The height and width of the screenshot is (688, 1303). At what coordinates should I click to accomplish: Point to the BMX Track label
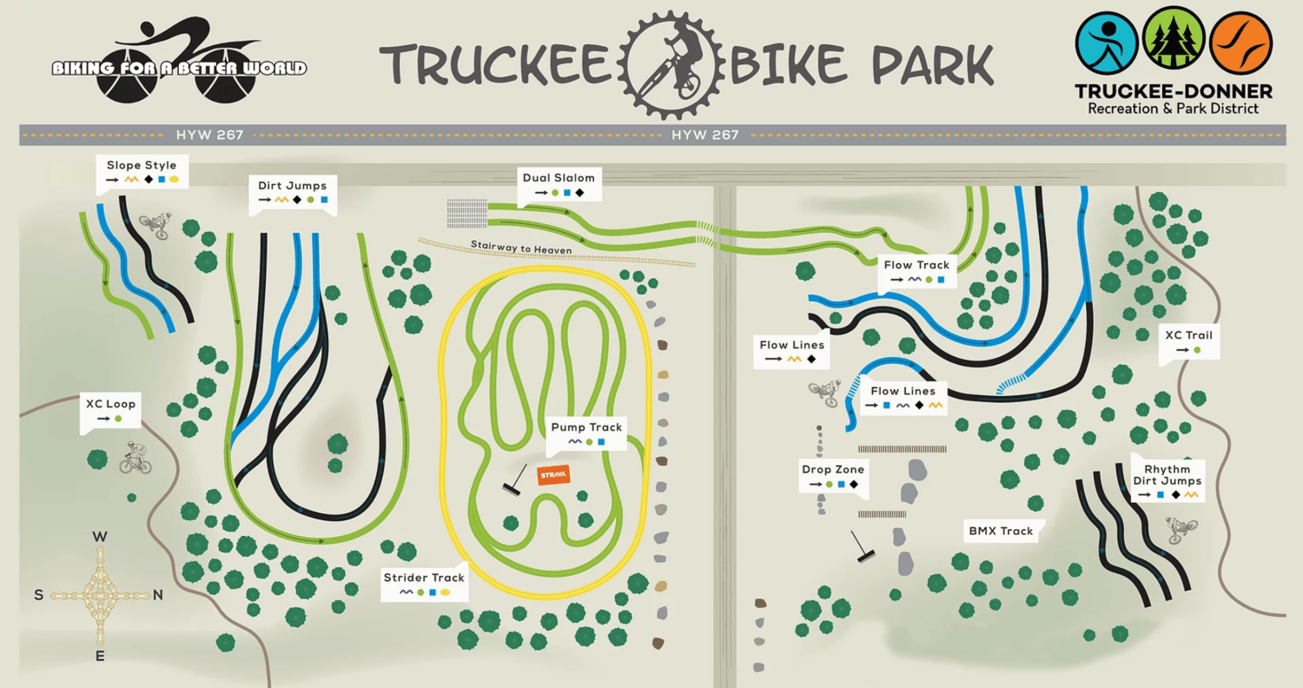tap(1001, 531)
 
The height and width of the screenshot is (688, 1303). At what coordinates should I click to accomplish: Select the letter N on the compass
tap(158, 595)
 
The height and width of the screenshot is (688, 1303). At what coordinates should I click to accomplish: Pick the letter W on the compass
tap(100, 537)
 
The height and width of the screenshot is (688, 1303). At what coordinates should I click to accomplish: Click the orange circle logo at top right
tap(1241, 43)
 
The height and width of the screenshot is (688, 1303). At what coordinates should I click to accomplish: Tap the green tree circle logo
tap(1174, 43)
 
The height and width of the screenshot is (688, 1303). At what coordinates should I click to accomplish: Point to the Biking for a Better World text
tap(179, 68)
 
